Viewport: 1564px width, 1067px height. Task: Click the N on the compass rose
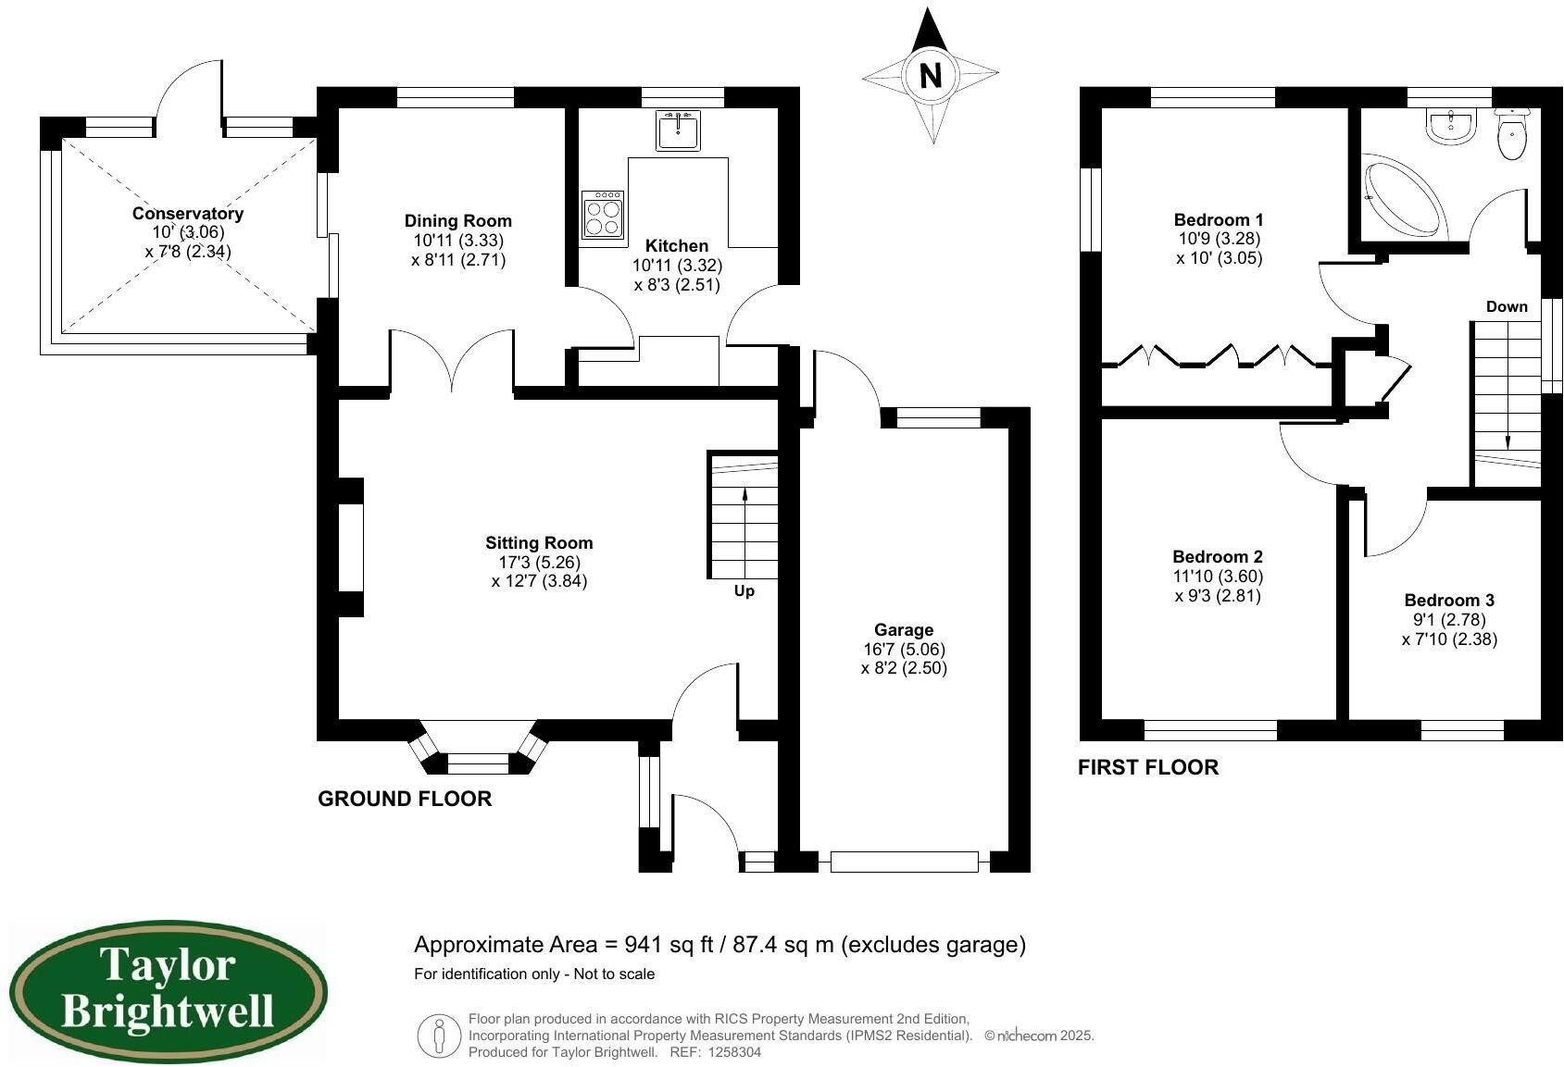pos(931,74)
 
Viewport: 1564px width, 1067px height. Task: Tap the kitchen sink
pos(677,130)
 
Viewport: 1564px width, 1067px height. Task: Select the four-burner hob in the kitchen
pos(603,216)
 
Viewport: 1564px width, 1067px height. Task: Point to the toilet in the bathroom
pos(1511,134)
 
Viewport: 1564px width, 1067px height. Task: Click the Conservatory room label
pos(188,214)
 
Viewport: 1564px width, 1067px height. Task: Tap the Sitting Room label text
pos(539,543)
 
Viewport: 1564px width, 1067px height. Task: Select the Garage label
pos(904,630)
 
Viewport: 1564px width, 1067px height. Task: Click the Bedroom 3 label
pos(1449,601)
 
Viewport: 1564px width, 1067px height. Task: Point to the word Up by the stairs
pos(744,591)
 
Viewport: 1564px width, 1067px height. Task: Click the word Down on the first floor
pos(1507,307)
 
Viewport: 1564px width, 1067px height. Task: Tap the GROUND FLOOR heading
pos(405,799)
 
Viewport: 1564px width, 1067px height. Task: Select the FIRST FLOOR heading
pos(1148,767)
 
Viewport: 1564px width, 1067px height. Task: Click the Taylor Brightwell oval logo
pos(169,991)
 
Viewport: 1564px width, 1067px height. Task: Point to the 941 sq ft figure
pos(669,945)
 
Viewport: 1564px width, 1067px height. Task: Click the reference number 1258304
pos(733,1052)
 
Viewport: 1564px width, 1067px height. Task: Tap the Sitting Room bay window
pos(478,748)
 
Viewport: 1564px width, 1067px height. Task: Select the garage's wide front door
pos(904,862)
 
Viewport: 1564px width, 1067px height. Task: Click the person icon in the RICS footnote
pos(439,1036)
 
